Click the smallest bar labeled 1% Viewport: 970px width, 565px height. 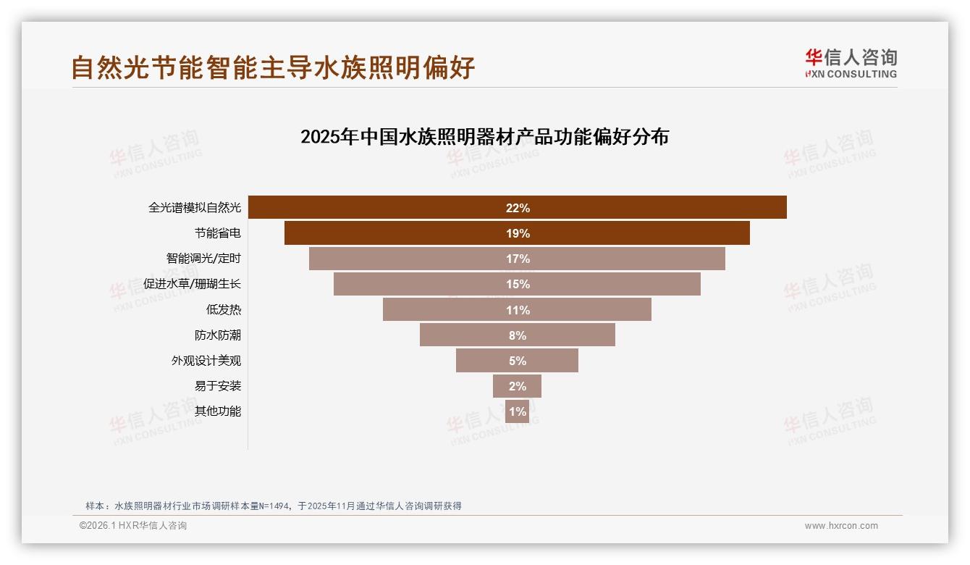pyautogui.click(x=517, y=411)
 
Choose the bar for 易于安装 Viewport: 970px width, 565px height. pyautogui.click(x=517, y=386)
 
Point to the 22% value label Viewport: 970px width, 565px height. pyautogui.click(x=518, y=208)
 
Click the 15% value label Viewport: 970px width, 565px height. pyautogui.click(x=518, y=284)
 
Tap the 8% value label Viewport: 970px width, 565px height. pyautogui.click(x=518, y=335)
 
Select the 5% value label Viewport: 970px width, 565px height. pyautogui.click(x=518, y=361)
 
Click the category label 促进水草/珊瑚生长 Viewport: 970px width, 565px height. pyautogui.click(x=192, y=284)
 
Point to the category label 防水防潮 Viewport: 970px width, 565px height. pyautogui.click(x=218, y=335)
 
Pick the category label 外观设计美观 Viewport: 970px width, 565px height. pyautogui.click(x=206, y=361)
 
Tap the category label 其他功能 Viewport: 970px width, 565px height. pyautogui.click(x=218, y=411)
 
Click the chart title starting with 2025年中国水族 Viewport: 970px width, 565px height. pyautogui.click(x=484, y=137)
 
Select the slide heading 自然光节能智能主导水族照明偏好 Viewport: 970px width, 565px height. pyautogui.click(x=273, y=67)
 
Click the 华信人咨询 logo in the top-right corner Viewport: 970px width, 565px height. pyautogui.click(x=851, y=64)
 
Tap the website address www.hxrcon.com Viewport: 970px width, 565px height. pyautogui.click(x=841, y=526)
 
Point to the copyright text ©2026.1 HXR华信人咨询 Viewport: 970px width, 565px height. pyautogui.click(x=133, y=526)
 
